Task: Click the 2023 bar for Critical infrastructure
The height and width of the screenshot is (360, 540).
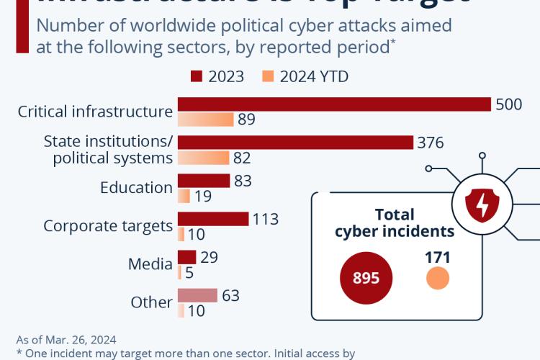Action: [x=334, y=104]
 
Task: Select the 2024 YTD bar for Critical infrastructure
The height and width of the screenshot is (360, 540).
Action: [x=206, y=120]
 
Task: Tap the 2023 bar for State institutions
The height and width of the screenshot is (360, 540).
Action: [x=295, y=143]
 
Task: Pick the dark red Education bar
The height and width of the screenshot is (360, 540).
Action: [x=204, y=181]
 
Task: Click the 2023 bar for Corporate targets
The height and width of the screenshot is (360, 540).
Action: [x=213, y=219]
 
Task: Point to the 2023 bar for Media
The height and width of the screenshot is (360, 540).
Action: [x=186, y=257]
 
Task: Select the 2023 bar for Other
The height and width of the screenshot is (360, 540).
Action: [x=197, y=295]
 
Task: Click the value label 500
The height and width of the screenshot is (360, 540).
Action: [x=508, y=104]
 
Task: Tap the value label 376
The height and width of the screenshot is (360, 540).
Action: [x=431, y=143]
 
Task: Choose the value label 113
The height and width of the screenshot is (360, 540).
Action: [x=265, y=219]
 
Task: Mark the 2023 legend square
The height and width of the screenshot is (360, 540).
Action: [x=196, y=76]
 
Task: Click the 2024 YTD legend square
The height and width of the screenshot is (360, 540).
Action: [x=266, y=76]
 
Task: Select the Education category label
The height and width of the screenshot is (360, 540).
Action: [x=136, y=188]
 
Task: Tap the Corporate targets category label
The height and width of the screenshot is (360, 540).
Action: [x=108, y=226]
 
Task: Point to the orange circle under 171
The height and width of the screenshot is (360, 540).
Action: [x=437, y=279]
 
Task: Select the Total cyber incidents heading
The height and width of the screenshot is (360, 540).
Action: [x=395, y=223]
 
